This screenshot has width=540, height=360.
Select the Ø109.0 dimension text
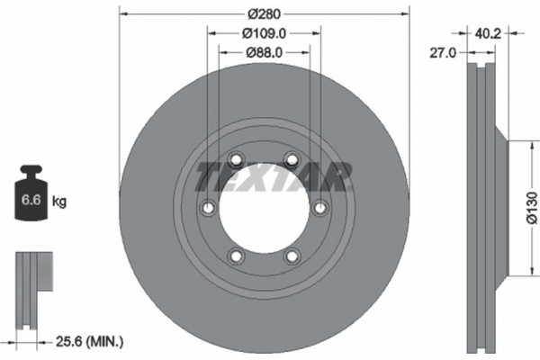click(263, 34)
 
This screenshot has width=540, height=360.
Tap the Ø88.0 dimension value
click(263, 52)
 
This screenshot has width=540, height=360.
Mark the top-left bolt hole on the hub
click(236, 160)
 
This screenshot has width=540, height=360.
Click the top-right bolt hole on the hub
click(291, 160)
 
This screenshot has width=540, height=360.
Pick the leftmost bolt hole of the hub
click(207, 208)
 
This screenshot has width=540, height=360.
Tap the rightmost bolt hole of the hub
click(319, 208)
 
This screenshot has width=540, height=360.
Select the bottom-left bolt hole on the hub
click(236, 256)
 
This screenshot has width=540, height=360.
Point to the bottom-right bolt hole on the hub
click(291, 256)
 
